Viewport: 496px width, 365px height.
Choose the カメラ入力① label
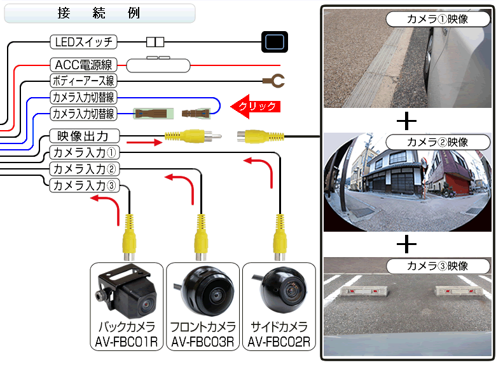click(x=83, y=152)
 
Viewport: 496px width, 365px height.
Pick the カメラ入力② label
click(x=83, y=169)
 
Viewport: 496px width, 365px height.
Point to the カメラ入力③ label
click(x=83, y=185)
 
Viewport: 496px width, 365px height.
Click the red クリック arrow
click(x=254, y=107)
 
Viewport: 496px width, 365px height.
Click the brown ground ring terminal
click(x=274, y=81)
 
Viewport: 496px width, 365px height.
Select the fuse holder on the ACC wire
click(x=158, y=64)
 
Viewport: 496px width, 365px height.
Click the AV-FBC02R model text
click(x=279, y=343)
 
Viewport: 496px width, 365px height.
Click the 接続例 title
click(x=99, y=13)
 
